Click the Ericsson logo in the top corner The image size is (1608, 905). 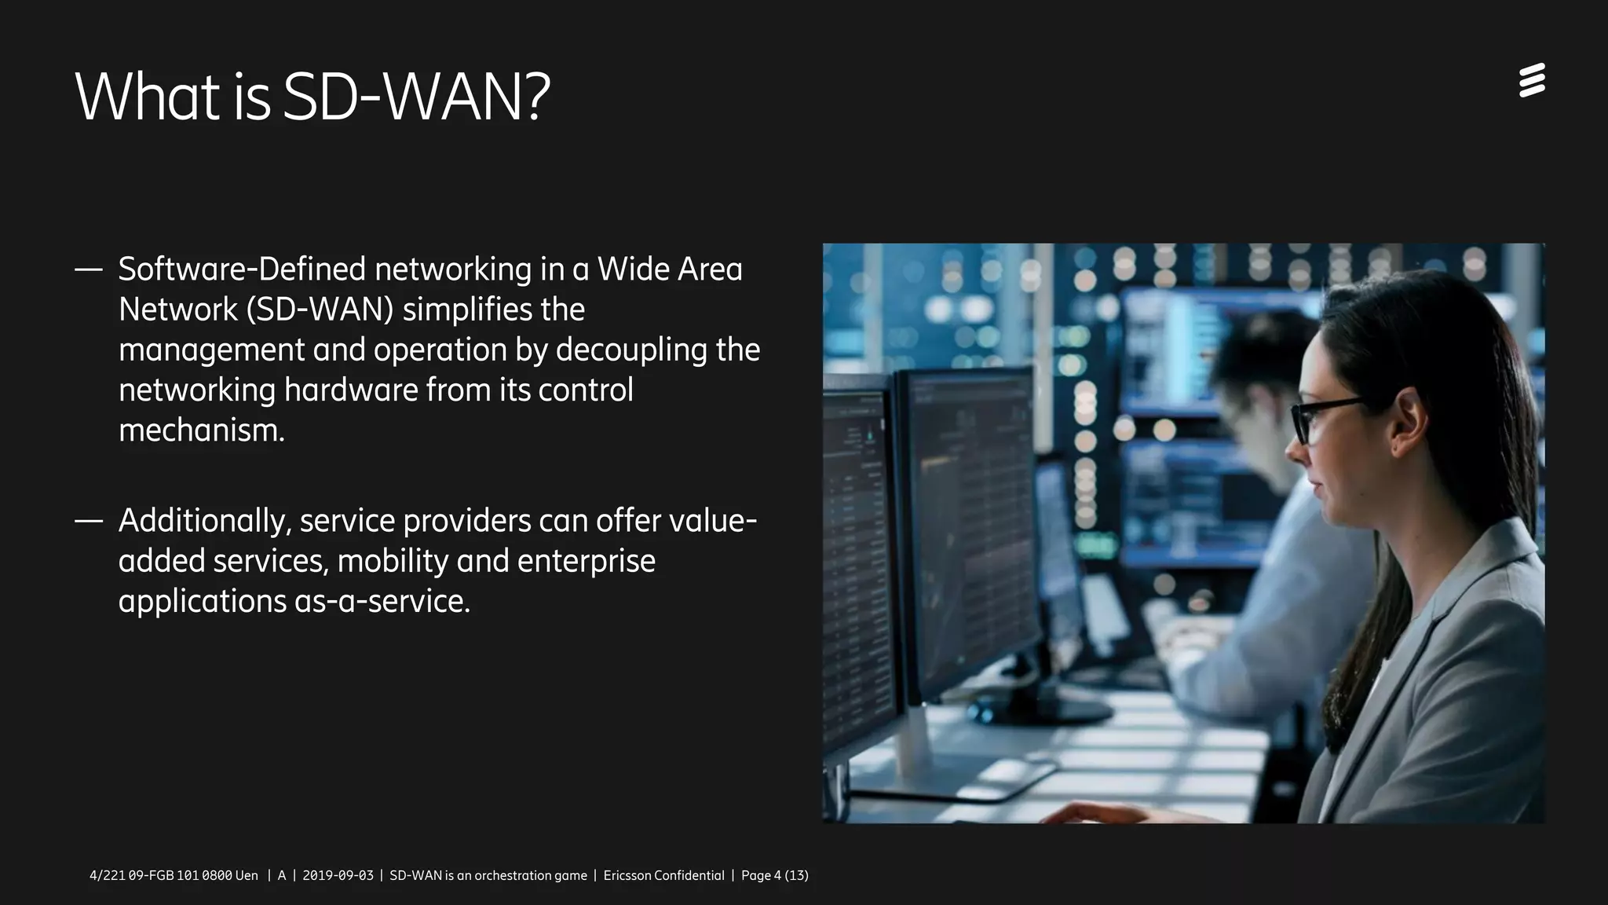click(1532, 81)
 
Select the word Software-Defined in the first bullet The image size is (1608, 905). click(242, 269)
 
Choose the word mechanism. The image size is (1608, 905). click(201, 431)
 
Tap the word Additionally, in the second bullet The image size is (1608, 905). click(205, 521)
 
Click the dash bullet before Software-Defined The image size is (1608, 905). click(89, 270)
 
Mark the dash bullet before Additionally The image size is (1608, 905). click(89, 521)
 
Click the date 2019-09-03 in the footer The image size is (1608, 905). click(338, 875)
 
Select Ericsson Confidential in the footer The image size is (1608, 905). click(663, 875)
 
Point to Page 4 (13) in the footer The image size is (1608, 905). click(774, 875)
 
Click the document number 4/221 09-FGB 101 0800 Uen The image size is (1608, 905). click(174, 875)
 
